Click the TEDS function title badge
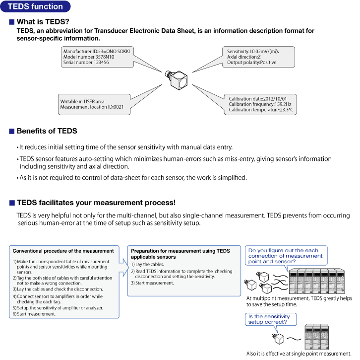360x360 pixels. [35, 6]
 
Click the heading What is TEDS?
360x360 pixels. [43, 22]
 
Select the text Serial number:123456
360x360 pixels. [86, 63]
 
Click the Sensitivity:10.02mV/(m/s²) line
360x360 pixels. [253, 51]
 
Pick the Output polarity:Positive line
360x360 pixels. [252, 63]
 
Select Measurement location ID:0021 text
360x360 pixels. [92, 107]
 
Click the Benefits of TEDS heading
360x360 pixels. [47, 131]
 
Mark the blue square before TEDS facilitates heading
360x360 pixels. [11, 203]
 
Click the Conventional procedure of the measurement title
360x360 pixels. [63, 251]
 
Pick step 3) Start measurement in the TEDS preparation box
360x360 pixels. [152, 283]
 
